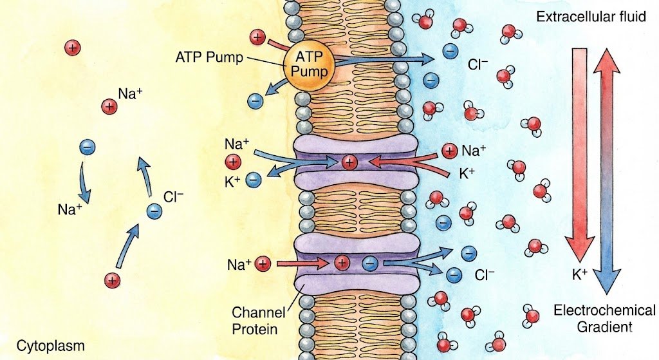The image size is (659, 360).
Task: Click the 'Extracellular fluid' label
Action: point(591,16)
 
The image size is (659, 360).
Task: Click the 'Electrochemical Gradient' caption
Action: point(594,318)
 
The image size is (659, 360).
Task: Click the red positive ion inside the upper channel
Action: point(349,162)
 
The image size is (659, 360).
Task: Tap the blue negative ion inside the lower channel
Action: point(369,263)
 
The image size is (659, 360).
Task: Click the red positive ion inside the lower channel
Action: point(342,263)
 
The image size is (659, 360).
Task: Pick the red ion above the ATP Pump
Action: point(258,37)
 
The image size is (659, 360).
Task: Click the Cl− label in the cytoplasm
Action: point(174,199)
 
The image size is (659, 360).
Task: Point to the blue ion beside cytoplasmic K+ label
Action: point(254,180)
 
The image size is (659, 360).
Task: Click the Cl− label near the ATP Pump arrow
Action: point(478,64)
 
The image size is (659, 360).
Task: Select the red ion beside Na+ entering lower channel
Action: point(262,263)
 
